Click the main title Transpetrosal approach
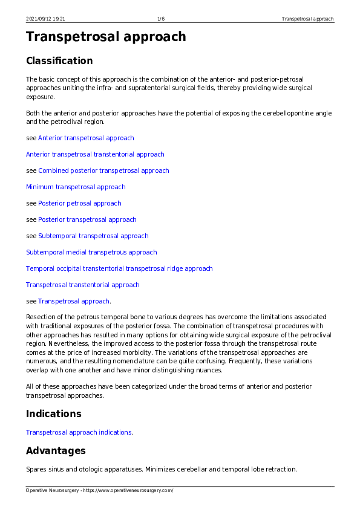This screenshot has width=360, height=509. pos(106,37)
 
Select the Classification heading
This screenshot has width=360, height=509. pos(59,60)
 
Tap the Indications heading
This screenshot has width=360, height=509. pos(53,414)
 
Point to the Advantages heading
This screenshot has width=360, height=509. pos(56,450)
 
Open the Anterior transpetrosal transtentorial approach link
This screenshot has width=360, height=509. pos(95,154)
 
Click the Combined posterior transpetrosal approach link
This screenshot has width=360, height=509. pos(103,170)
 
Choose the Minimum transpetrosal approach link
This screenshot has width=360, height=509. pos(76,187)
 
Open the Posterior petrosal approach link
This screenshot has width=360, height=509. pos(79,203)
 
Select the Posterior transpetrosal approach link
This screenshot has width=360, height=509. pos(87,219)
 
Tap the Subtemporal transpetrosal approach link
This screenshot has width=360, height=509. pos(93,236)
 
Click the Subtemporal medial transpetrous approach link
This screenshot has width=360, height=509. pos(91,252)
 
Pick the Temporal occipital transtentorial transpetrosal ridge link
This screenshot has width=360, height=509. pos(119,268)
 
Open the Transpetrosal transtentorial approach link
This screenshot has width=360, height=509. pos(82,285)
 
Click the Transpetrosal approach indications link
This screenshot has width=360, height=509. pos(79,432)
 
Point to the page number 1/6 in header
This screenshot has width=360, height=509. pos(162,19)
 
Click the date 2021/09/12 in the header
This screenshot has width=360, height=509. pos(38,19)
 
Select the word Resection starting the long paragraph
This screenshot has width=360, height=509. pos(40,317)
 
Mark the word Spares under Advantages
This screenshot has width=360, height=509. pos(36,469)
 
